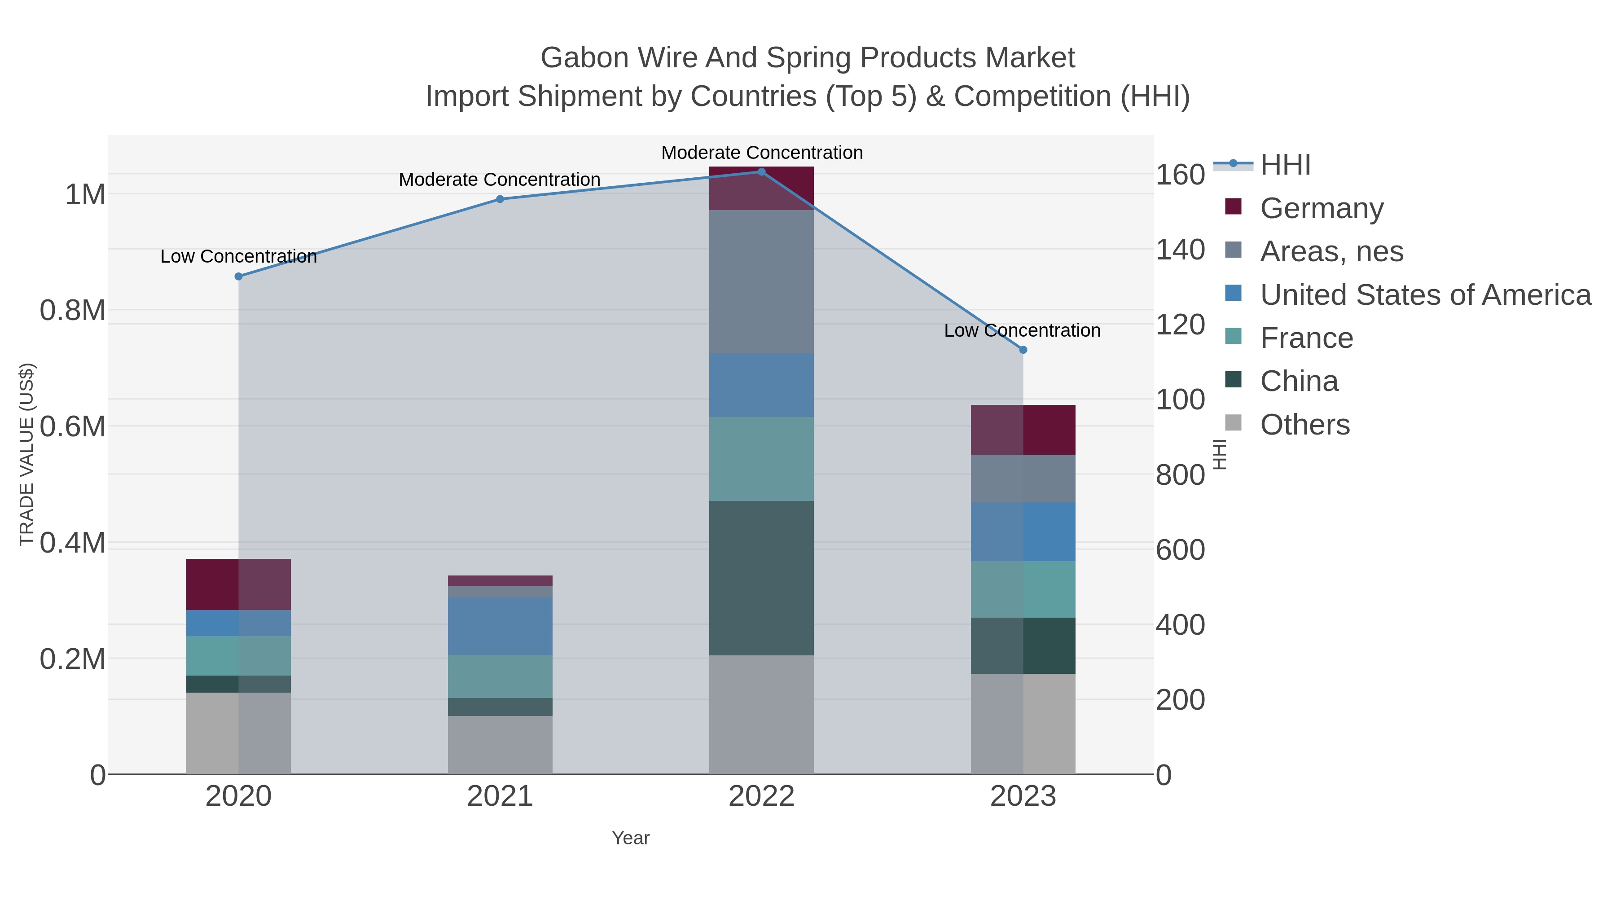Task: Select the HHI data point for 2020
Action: (238, 277)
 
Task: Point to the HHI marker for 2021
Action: (500, 199)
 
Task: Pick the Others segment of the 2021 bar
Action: (500, 745)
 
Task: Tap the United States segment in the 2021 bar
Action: (500, 626)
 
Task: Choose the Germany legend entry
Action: (1321, 208)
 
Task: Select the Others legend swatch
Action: (1234, 423)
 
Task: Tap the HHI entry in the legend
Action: (1285, 165)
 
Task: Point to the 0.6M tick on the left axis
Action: (73, 426)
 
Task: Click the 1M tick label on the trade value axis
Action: (85, 194)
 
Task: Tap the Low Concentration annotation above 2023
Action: (1022, 330)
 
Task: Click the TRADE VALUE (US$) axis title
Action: (26, 454)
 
